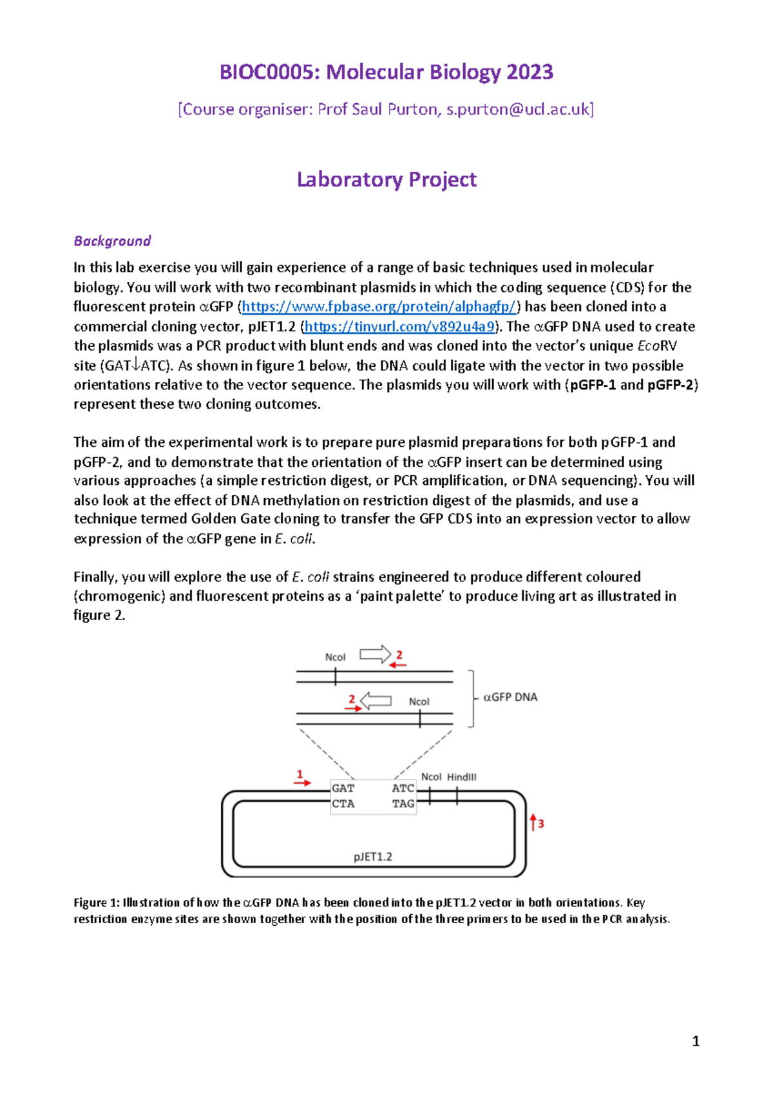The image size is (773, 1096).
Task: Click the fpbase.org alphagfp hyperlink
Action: click(379, 307)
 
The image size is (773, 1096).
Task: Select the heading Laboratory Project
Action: click(386, 179)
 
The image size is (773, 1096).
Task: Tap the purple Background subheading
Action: click(112, 241)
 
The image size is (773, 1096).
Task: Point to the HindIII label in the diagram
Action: click(461, 778)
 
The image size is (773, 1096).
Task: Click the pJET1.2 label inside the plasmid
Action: click(372, 857)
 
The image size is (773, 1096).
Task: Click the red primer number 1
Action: click(300, 774)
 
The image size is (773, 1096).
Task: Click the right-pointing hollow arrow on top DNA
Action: click(375, 655)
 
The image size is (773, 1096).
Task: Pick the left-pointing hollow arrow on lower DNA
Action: click(376, 701)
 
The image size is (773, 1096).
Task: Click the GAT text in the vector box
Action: click(343, 788)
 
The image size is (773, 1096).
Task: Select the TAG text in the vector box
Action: click(403, 804)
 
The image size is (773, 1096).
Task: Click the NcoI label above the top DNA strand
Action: click(335, 658)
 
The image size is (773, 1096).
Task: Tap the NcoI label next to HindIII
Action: click(431, 778)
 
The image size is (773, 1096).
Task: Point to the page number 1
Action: click(695, 1041)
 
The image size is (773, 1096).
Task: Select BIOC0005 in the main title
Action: click(269, 72)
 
